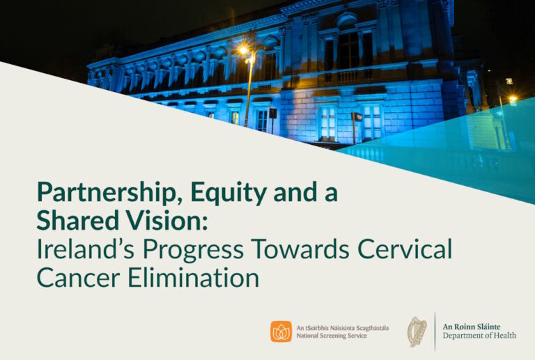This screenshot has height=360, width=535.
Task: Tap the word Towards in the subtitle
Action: coord(293,249)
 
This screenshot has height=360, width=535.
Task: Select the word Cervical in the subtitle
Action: coord(403,249)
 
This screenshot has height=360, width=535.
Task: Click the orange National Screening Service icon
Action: coord(281,331)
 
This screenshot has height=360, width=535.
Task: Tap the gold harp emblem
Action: coord(417,331)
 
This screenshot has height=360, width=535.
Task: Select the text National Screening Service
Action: coord(332,336)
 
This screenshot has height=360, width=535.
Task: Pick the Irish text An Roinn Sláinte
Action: coord(472,326)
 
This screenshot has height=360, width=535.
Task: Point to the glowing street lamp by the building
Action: coord(243,50)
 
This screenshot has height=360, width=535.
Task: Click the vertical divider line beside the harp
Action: coord(434,331)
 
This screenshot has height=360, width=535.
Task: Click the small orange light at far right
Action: coord(512,100)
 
